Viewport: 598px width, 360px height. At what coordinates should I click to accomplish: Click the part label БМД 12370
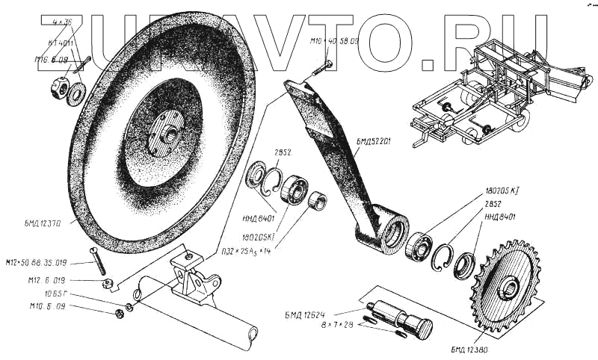tap(46, 222)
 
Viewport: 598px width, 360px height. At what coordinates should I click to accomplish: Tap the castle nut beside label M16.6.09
tap(58, 88)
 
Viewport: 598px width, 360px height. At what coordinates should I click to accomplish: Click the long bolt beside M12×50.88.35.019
tap(96, 260)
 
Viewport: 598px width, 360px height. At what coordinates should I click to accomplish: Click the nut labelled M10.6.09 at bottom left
tap(120, 311)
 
